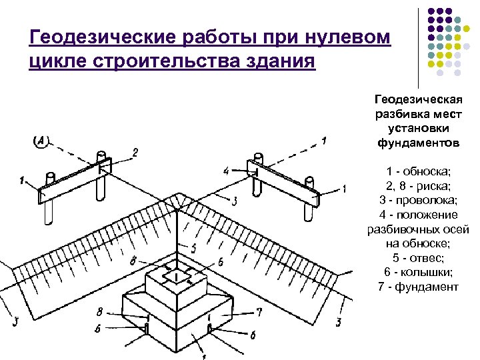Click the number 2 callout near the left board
[135, 153]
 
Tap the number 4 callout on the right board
[226, 171]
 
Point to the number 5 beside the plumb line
[193, 248]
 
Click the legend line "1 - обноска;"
[418, 171]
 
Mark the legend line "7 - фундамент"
[418, 287]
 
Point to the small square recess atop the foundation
[177, 275]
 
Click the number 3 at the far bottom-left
[15, 323]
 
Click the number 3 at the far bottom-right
[338, 323]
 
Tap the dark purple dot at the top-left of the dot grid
[431, 11]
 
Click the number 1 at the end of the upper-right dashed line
[324, 140]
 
